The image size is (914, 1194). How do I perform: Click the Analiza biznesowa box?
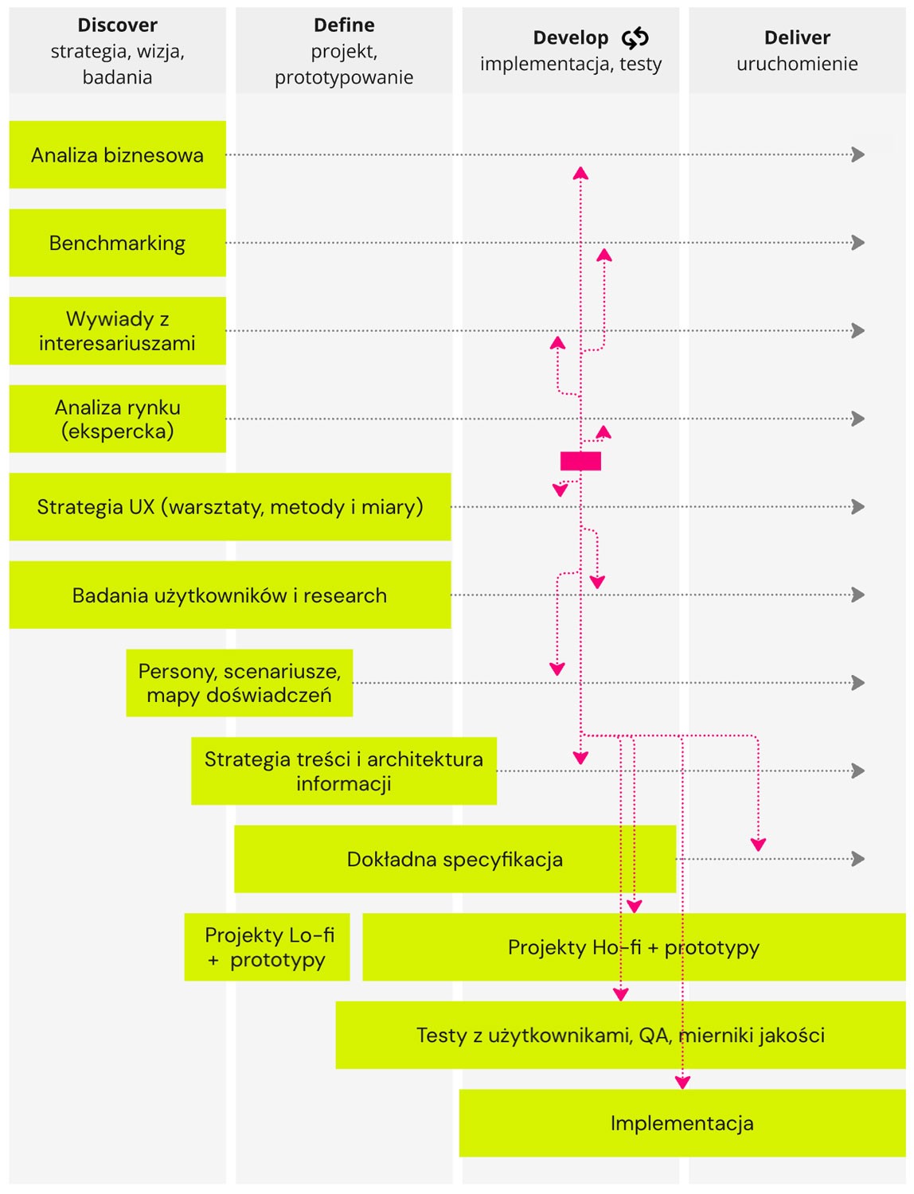pos(118,154)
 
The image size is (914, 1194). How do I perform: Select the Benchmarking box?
pos(118,243)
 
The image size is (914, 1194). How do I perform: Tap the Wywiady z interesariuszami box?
pos(118,330)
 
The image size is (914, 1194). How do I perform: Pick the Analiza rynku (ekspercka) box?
pos(118,419)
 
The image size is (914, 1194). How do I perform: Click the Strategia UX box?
pos(230,507)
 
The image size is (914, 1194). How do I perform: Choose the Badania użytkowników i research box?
pos(230,595)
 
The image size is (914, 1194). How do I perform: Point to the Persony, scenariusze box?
pos(240,683)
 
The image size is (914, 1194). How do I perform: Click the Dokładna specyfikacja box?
pos(455,859)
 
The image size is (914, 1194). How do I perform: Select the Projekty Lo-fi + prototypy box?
pos(268,947)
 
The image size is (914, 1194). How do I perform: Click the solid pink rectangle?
pos(580,461)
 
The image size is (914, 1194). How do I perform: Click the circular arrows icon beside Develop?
pos(635,38)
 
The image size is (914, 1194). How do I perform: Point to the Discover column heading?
pos(118,25)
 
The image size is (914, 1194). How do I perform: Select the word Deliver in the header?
pos(797,37)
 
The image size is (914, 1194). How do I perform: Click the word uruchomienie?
pos(797,64)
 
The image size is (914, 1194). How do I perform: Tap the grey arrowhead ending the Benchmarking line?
pos(858,243)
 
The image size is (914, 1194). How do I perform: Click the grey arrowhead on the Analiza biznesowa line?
pos(858,154)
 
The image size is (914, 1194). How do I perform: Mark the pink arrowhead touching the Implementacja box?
pos(682,1083)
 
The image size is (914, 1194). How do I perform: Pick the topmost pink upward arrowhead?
pos(580,173)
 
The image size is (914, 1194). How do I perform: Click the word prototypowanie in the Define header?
pos(344,77)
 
